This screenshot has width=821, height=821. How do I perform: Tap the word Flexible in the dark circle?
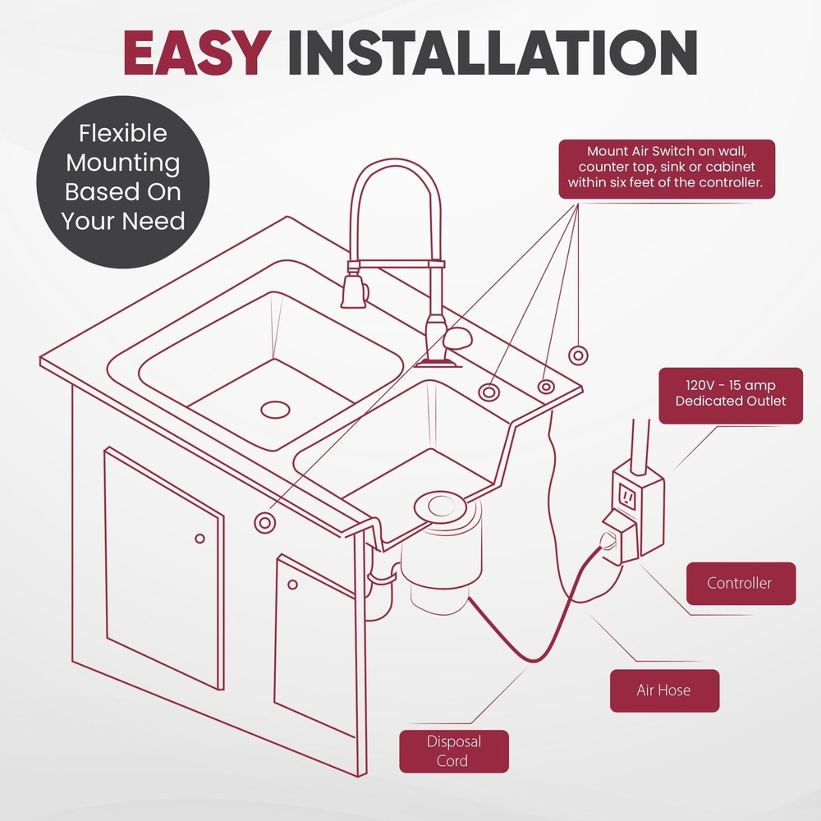click(122, 134)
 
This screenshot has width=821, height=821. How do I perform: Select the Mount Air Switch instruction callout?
click(666, 168)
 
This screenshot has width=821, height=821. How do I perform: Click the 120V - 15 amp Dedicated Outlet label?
click(730, 393)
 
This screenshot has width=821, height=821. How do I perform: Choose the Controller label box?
click(739, 583)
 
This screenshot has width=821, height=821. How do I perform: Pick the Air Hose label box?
click(663, 690)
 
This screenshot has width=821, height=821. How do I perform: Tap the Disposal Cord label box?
click(453, 750)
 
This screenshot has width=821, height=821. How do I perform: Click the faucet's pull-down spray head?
click(353, 291)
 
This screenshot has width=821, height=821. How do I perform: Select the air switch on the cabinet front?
click(264, 522)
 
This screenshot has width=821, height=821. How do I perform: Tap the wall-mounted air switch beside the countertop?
click(578, 355)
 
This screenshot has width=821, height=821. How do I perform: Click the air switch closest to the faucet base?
click(489, 392)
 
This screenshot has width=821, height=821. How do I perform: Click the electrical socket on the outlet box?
click(628, 498)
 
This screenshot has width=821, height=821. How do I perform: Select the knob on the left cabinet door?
click(200, 539)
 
